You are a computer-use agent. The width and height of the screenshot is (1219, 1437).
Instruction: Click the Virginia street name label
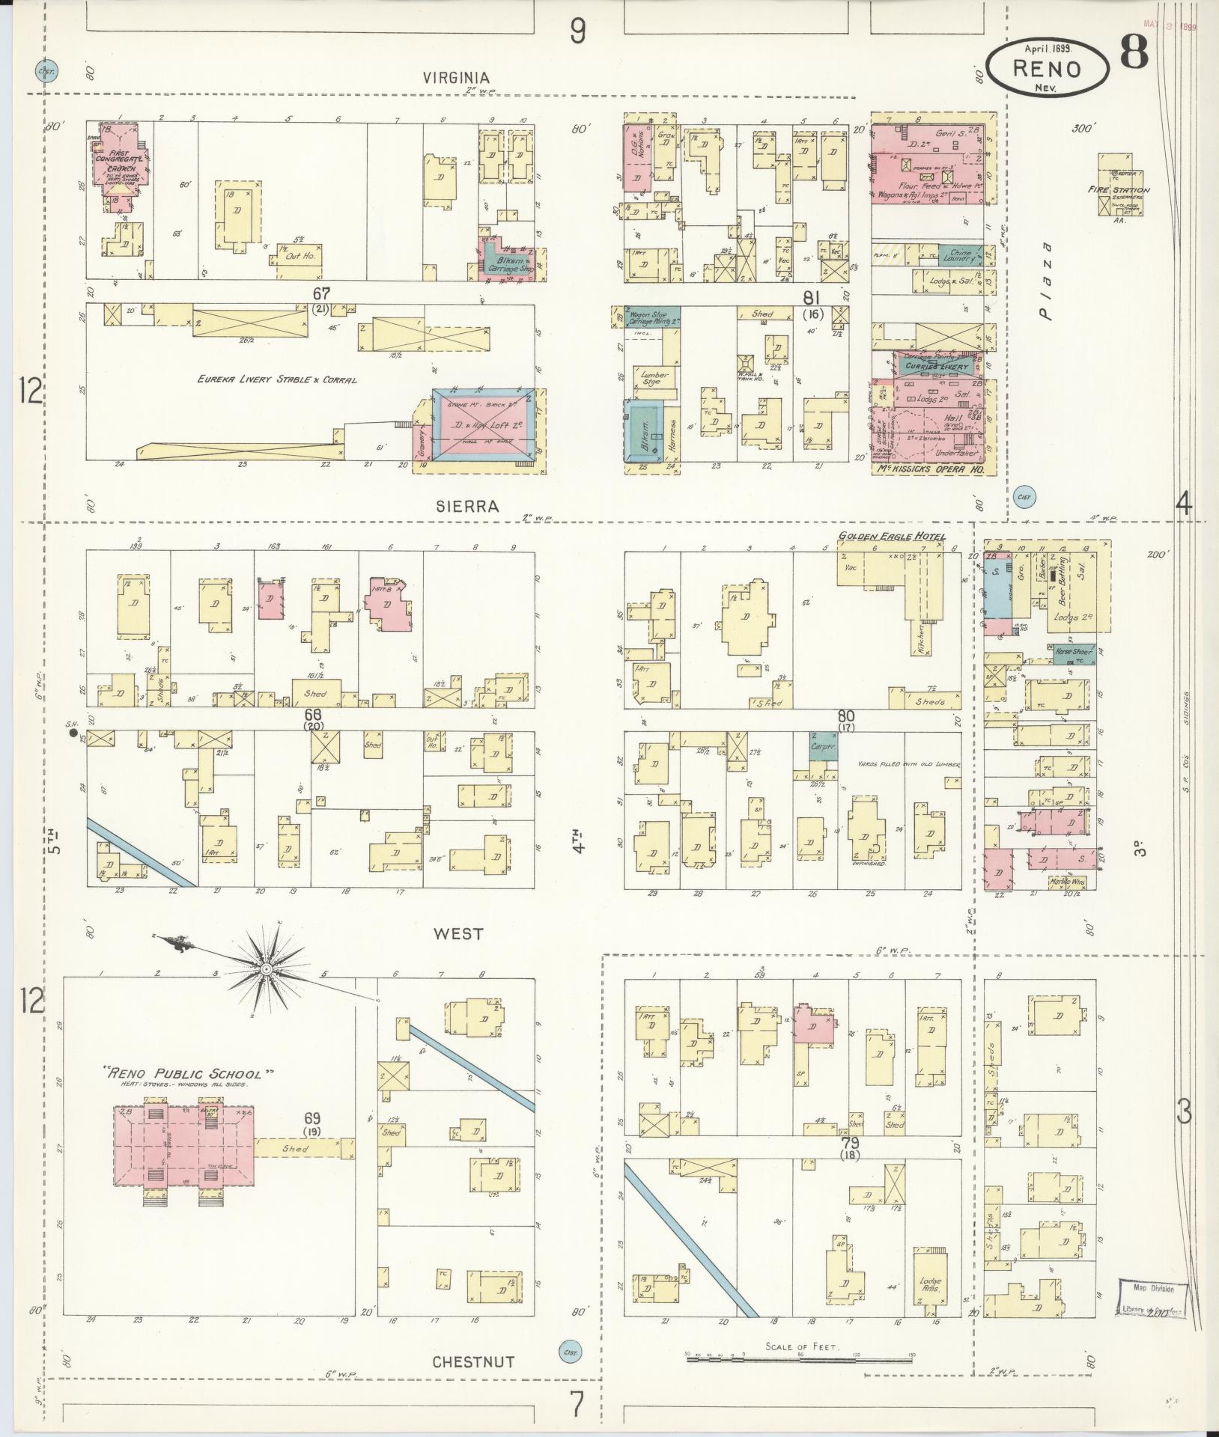coord(455,77)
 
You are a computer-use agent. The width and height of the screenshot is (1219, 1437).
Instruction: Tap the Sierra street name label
coord(467,506)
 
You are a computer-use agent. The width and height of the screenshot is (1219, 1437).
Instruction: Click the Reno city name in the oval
coord(1047,69)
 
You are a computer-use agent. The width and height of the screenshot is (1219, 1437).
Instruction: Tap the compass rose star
coord(265,971)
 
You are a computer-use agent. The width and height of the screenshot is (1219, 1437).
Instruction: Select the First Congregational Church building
coord(120,162)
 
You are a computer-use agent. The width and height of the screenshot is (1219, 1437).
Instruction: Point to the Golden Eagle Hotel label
coord(891,537)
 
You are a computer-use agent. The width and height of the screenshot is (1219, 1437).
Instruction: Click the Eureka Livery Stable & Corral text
coord(277,379)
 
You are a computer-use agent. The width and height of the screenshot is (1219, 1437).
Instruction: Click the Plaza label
coord(1046,281)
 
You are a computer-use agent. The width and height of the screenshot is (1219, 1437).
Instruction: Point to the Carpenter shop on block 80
coord(823,746)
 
